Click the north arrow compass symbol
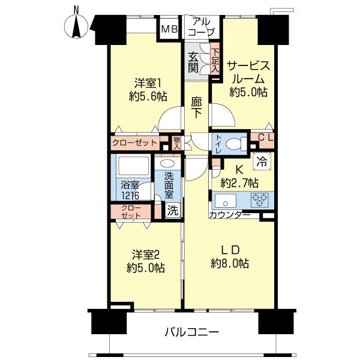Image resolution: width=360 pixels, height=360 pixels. (x=76, y=26)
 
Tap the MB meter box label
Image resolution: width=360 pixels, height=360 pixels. (x=169, y=29)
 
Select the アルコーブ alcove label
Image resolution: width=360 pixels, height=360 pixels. (x=201, y=27)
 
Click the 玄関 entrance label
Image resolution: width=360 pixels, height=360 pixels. (x=193, y=62)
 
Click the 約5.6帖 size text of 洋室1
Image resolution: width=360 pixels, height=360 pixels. (x=148, y=97)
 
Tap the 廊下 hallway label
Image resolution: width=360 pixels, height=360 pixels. (x=197, y=107)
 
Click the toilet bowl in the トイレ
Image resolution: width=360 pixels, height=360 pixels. (x=236, y=144)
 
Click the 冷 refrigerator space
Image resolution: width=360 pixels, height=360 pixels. (x=262, y=161)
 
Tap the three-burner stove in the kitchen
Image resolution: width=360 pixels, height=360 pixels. (x=260, y=200)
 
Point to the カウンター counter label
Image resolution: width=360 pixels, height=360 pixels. (x=229, y=215)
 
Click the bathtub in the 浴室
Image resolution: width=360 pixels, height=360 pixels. (x=133, y=166)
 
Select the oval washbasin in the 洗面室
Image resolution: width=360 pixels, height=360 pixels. (x=167, y=163)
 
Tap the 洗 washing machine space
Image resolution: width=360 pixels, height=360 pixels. (x=173, y=210)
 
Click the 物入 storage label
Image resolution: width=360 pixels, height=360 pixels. (x=176, y=143)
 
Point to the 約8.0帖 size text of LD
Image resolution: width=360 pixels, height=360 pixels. (x=230, y=263)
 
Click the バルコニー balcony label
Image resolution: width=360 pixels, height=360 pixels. (x=192, y=332)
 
